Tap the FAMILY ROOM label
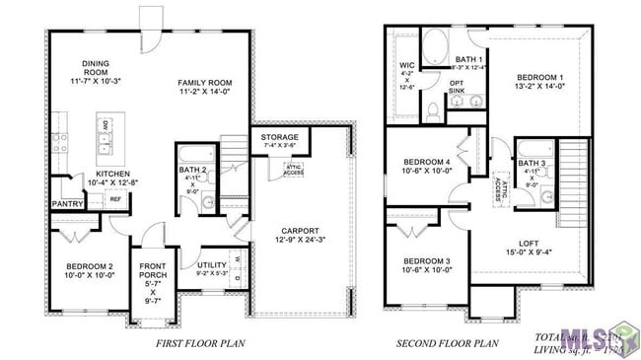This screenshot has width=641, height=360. pyautogui.click(x=204, y=83)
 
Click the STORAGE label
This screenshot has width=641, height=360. pyautogui.click(x=279, y=137)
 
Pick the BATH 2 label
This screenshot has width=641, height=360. pyautogui.click(x=193, y=170)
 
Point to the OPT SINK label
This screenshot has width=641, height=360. pyautogui.click(x=457, y=86)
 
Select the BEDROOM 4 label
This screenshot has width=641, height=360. pyautogui.click(x=426, y=161)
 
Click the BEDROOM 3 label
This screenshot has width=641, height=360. pyautogui.click(x=426, y=261)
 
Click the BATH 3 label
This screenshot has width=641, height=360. pyautogui.click(x=531, y=163)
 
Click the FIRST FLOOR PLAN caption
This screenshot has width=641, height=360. pyautogui.click(x=200, y=344)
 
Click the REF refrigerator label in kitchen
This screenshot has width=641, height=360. pyautogui.click(x=114, y=198)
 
